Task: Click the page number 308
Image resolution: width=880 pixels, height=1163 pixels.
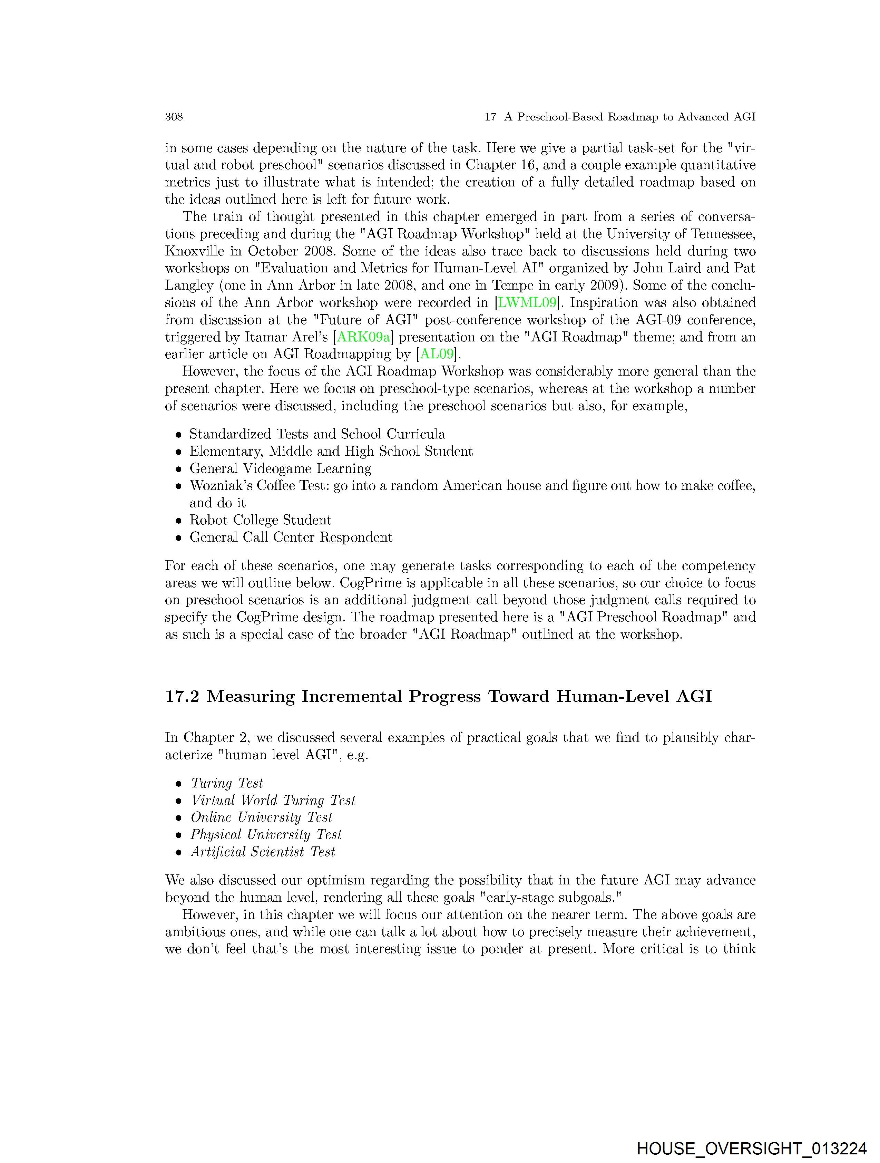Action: point(174,117)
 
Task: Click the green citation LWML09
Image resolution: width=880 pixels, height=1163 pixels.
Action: point(527,303)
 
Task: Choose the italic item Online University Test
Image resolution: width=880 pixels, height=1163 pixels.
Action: point(261,817)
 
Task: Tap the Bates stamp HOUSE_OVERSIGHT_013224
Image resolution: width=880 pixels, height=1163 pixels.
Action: point(751,1148)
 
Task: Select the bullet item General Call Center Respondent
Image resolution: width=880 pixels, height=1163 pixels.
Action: point(291,537)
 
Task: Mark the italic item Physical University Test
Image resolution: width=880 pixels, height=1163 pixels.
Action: point(266,835)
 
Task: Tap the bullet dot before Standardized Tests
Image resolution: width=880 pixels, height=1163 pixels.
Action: point(179,435)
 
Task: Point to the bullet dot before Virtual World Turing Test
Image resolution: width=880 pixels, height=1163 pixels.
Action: point(179,801)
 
